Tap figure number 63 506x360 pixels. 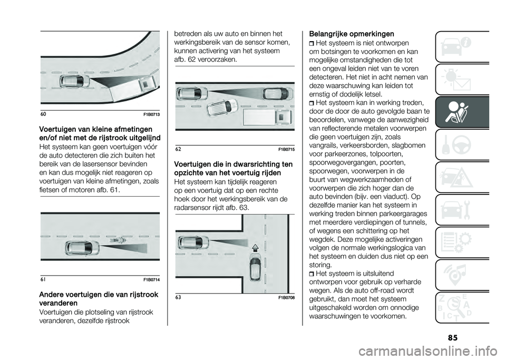pos(178,298)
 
